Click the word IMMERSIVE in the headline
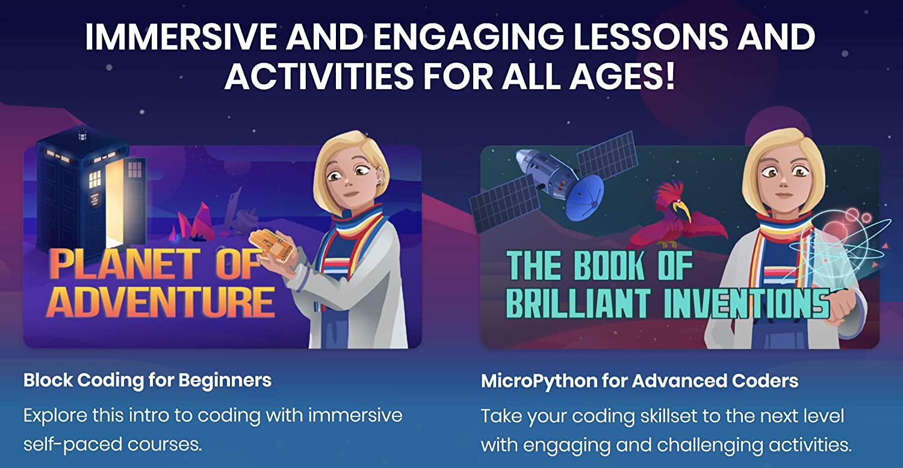point(181,37)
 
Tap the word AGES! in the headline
point(622,76)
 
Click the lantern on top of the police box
point(82,135)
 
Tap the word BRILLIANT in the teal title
point(577,303)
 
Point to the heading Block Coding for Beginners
point(147,381)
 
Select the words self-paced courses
point(113,445)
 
